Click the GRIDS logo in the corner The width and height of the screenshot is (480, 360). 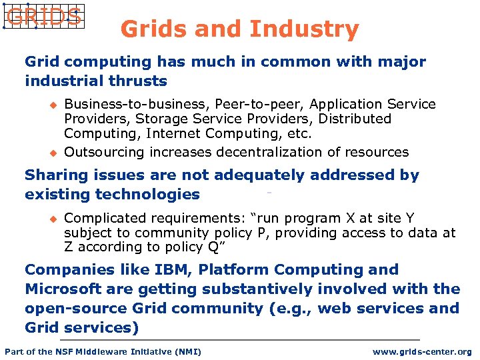pyautogui.click(x=43, y=16)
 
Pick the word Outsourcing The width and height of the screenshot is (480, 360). pyautogui.click(x=104, y=152)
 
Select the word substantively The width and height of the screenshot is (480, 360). pyautogui.click(x=257, y=289)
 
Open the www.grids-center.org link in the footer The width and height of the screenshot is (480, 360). pyautogui.click(x=421, y=351)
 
